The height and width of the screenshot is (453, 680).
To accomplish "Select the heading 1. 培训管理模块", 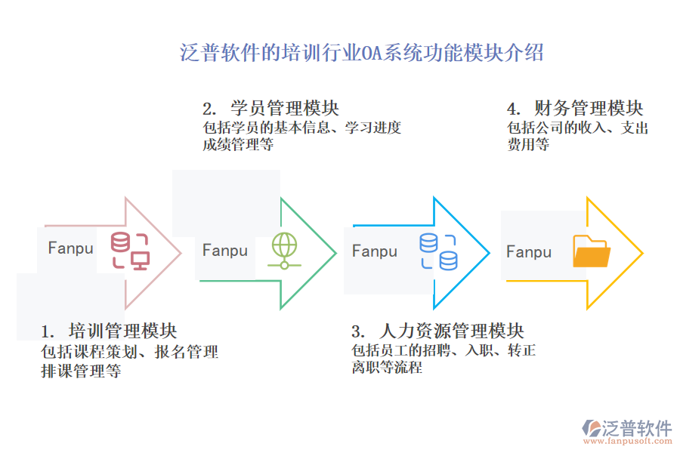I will [109, 331].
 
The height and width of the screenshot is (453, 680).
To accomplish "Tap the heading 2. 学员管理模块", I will [271, 108].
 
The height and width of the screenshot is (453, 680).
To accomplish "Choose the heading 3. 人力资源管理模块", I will [437, 331].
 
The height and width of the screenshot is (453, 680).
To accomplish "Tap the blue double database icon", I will [439, 251].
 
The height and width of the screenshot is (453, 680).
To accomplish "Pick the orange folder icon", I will [592, 251].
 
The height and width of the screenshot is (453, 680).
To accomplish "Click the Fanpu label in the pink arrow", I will [70, 248].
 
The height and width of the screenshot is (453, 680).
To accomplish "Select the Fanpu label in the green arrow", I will [224, 251].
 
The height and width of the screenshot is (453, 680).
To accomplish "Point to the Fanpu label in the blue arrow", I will [374, 251].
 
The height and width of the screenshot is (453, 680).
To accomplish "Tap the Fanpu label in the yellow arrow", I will [529, 251].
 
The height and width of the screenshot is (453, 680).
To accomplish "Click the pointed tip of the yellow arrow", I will [641, 253].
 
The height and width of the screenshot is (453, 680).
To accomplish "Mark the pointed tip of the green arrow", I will [335, 253].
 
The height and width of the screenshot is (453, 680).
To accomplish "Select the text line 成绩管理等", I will [238, 144].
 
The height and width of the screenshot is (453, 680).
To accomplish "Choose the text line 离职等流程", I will [387, 368].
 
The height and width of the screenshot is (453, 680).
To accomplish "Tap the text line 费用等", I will [528, 144].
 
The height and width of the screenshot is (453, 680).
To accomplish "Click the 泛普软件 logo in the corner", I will [627, 431].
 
